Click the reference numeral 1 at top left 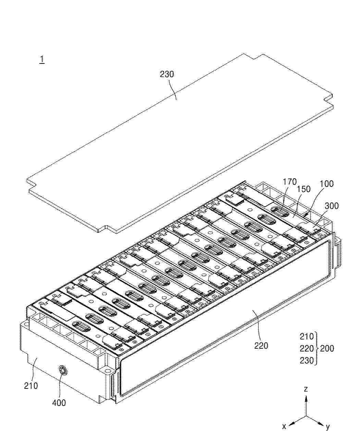(42, 59)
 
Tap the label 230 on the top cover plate (166, 74)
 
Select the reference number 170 (289, 182)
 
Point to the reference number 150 (303, 189)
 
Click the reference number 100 (326, 184)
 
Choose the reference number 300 (332, 206)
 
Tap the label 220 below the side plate (261, 346)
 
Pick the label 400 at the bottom (59, 403)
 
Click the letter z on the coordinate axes (306, 389)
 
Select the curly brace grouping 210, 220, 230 (316, 348)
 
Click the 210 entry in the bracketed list (307, 336)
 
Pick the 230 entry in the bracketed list (307, 360)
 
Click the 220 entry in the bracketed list (307, 348)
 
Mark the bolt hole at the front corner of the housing (108, 371)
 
